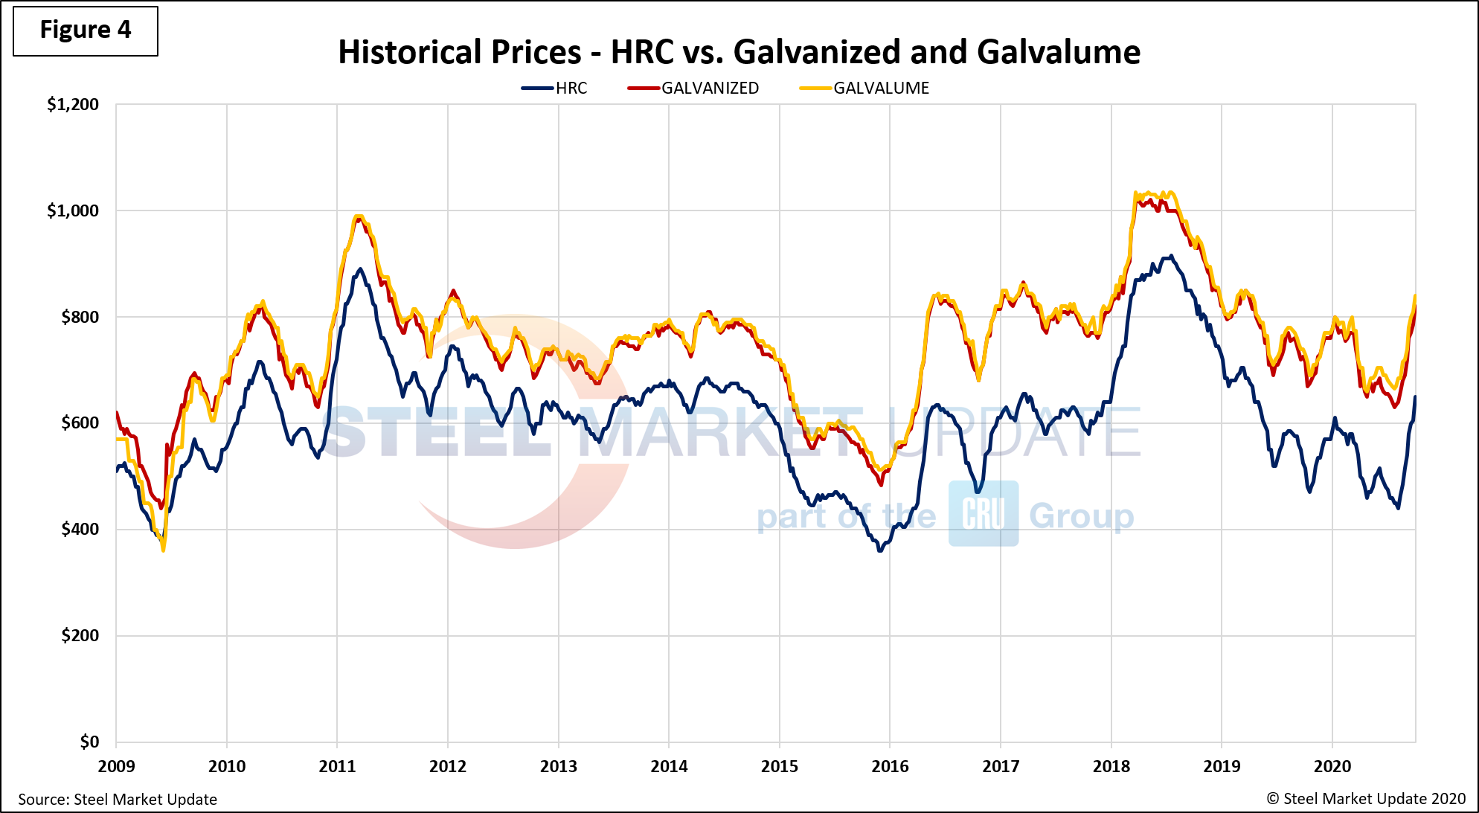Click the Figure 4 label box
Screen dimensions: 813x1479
85,30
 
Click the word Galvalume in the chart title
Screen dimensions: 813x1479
1058,52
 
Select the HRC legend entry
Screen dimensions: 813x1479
555,89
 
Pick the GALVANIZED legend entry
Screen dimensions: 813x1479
693,89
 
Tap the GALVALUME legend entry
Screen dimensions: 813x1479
864,89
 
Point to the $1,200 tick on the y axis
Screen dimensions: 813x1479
73,105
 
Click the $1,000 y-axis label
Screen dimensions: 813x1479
73,211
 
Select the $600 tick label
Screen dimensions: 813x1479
80,423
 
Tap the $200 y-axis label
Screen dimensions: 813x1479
80,636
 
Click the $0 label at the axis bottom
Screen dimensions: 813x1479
89,742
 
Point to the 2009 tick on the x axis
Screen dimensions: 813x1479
116,766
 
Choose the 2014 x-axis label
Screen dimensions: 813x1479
669,766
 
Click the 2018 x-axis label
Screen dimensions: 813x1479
1111,766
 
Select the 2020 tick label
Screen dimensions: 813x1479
1332,766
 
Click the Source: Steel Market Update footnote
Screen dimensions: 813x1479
118,800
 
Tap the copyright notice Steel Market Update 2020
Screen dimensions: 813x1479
1366,799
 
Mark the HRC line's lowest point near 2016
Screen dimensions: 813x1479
880,550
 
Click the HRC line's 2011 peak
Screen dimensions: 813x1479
360,269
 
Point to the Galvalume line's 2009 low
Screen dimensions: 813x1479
163,550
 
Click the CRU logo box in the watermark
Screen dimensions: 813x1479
983,513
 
